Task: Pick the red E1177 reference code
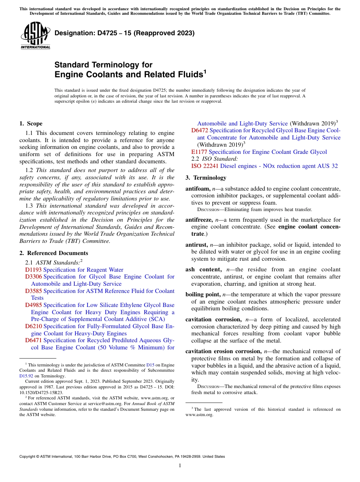199,152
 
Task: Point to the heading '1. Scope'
31,124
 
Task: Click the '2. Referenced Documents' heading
53,253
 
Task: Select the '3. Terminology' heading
206,178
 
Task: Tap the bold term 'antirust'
196,245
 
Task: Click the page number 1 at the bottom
180,466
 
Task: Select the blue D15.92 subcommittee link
26,376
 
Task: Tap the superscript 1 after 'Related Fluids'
205,71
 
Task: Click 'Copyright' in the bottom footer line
28,457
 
